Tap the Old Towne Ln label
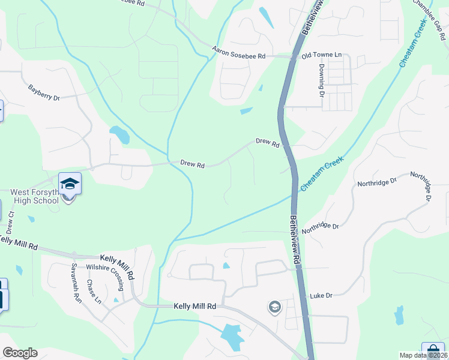321,55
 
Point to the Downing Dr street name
322,81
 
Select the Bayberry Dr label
44,92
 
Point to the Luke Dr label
321,296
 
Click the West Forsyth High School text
35,196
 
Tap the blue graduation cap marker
70,183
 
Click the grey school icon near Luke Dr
275,307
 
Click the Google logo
20,353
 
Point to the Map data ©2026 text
424,355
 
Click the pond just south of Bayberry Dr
119,134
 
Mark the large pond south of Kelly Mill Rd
232,336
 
